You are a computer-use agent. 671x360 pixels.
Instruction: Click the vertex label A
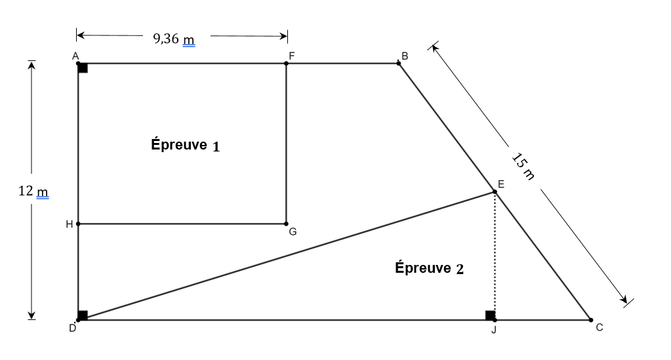75,56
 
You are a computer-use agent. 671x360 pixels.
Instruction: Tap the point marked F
286,64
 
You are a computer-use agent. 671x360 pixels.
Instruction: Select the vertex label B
405,56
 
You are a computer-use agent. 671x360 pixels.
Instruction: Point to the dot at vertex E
495,192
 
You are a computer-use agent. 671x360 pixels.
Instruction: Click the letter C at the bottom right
599,327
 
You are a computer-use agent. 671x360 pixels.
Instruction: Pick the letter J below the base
494,329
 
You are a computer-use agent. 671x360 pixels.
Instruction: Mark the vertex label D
72,328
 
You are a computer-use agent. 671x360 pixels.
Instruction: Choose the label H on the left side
69,224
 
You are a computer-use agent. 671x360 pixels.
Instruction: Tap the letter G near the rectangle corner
293,231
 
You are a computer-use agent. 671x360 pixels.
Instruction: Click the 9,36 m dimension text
174,39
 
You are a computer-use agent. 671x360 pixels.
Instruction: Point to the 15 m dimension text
523,167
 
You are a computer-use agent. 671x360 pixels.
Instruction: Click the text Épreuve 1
186,146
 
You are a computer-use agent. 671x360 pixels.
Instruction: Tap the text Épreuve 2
429,268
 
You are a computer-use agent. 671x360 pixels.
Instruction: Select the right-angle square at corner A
83,68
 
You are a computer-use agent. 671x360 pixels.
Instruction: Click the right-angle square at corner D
83,315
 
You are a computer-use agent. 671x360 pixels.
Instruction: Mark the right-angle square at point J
490,315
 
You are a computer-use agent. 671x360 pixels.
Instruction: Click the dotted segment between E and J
495,256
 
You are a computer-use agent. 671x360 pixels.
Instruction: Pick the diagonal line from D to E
286,256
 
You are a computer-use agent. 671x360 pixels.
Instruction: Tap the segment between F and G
286,144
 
